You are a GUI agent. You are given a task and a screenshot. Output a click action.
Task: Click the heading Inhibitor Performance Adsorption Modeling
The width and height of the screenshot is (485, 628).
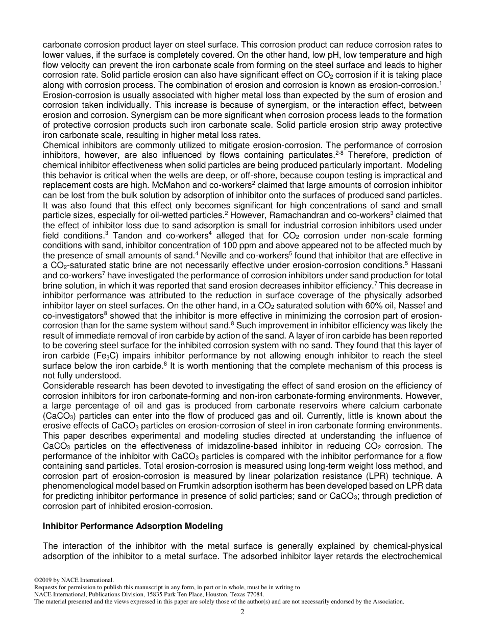tap(133, 525)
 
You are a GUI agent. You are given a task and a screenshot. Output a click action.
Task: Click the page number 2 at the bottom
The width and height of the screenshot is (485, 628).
tap(243, 612)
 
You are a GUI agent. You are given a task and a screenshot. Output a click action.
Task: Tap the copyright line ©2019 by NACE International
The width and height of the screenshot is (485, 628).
tap(74, 579)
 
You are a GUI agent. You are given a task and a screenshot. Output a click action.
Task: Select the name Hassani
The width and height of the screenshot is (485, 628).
tap(427, 265)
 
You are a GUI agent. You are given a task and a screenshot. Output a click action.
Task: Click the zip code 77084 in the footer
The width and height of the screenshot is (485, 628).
tap(253, 594)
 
